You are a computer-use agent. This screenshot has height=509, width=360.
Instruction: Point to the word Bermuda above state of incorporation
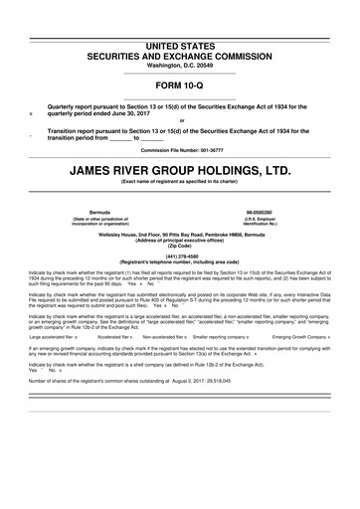(x=100, y=212)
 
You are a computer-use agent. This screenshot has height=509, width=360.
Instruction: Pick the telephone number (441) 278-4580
(x=179, y=252)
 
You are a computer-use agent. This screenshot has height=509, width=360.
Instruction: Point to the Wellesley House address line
(x=179, y=232)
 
